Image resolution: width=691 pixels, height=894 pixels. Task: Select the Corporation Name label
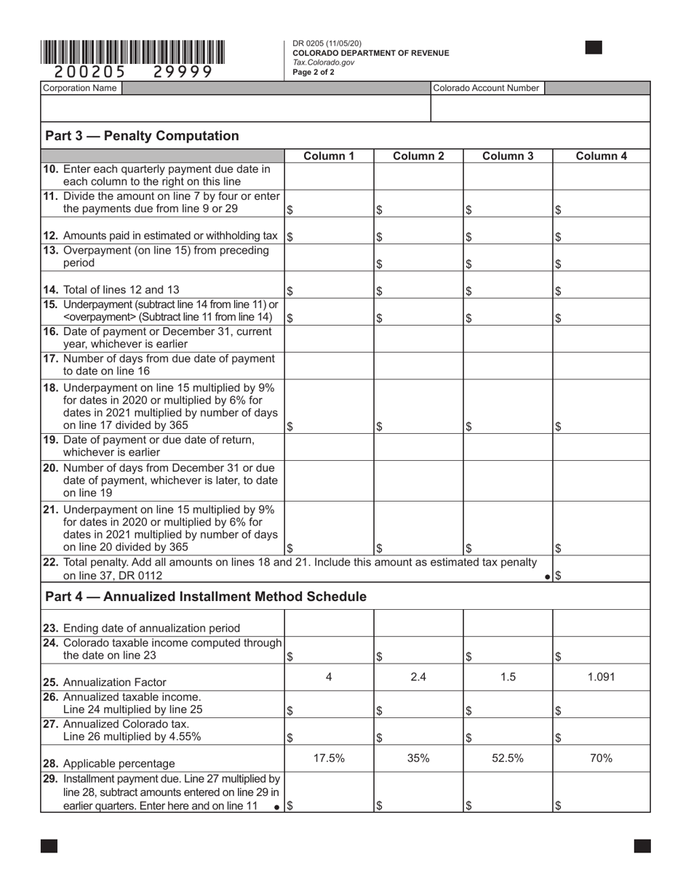pos(80,88)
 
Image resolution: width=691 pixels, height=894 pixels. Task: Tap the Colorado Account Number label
pos(486,88)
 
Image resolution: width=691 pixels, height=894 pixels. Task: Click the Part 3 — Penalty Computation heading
pos(142,136)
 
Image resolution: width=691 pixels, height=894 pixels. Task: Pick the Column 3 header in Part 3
pos(508,156)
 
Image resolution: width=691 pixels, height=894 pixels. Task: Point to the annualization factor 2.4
pos(418,677)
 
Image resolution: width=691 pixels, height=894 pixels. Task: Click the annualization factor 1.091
pos(602,677)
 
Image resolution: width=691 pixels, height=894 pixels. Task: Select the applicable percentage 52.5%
pos(508,758)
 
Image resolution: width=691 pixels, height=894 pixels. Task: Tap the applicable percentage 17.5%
pos(328,758)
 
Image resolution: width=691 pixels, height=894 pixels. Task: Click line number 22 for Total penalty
pos(52,563)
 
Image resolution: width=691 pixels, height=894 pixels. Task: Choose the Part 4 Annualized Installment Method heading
pos(206,597)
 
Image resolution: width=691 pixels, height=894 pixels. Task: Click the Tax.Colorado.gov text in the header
pos(324,63)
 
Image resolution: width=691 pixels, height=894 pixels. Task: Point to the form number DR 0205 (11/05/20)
pos(327,44)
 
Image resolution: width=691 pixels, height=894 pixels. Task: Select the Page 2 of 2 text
pos(313,72)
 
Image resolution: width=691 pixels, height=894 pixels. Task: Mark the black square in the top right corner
pos(594,48)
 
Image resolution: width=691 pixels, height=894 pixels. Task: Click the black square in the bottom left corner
pos(49,845)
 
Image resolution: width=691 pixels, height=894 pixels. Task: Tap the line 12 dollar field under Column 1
pos(329,236)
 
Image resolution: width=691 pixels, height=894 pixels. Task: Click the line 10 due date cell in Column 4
pos(602,176)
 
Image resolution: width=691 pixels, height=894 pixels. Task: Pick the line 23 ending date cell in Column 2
pos(418,623)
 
